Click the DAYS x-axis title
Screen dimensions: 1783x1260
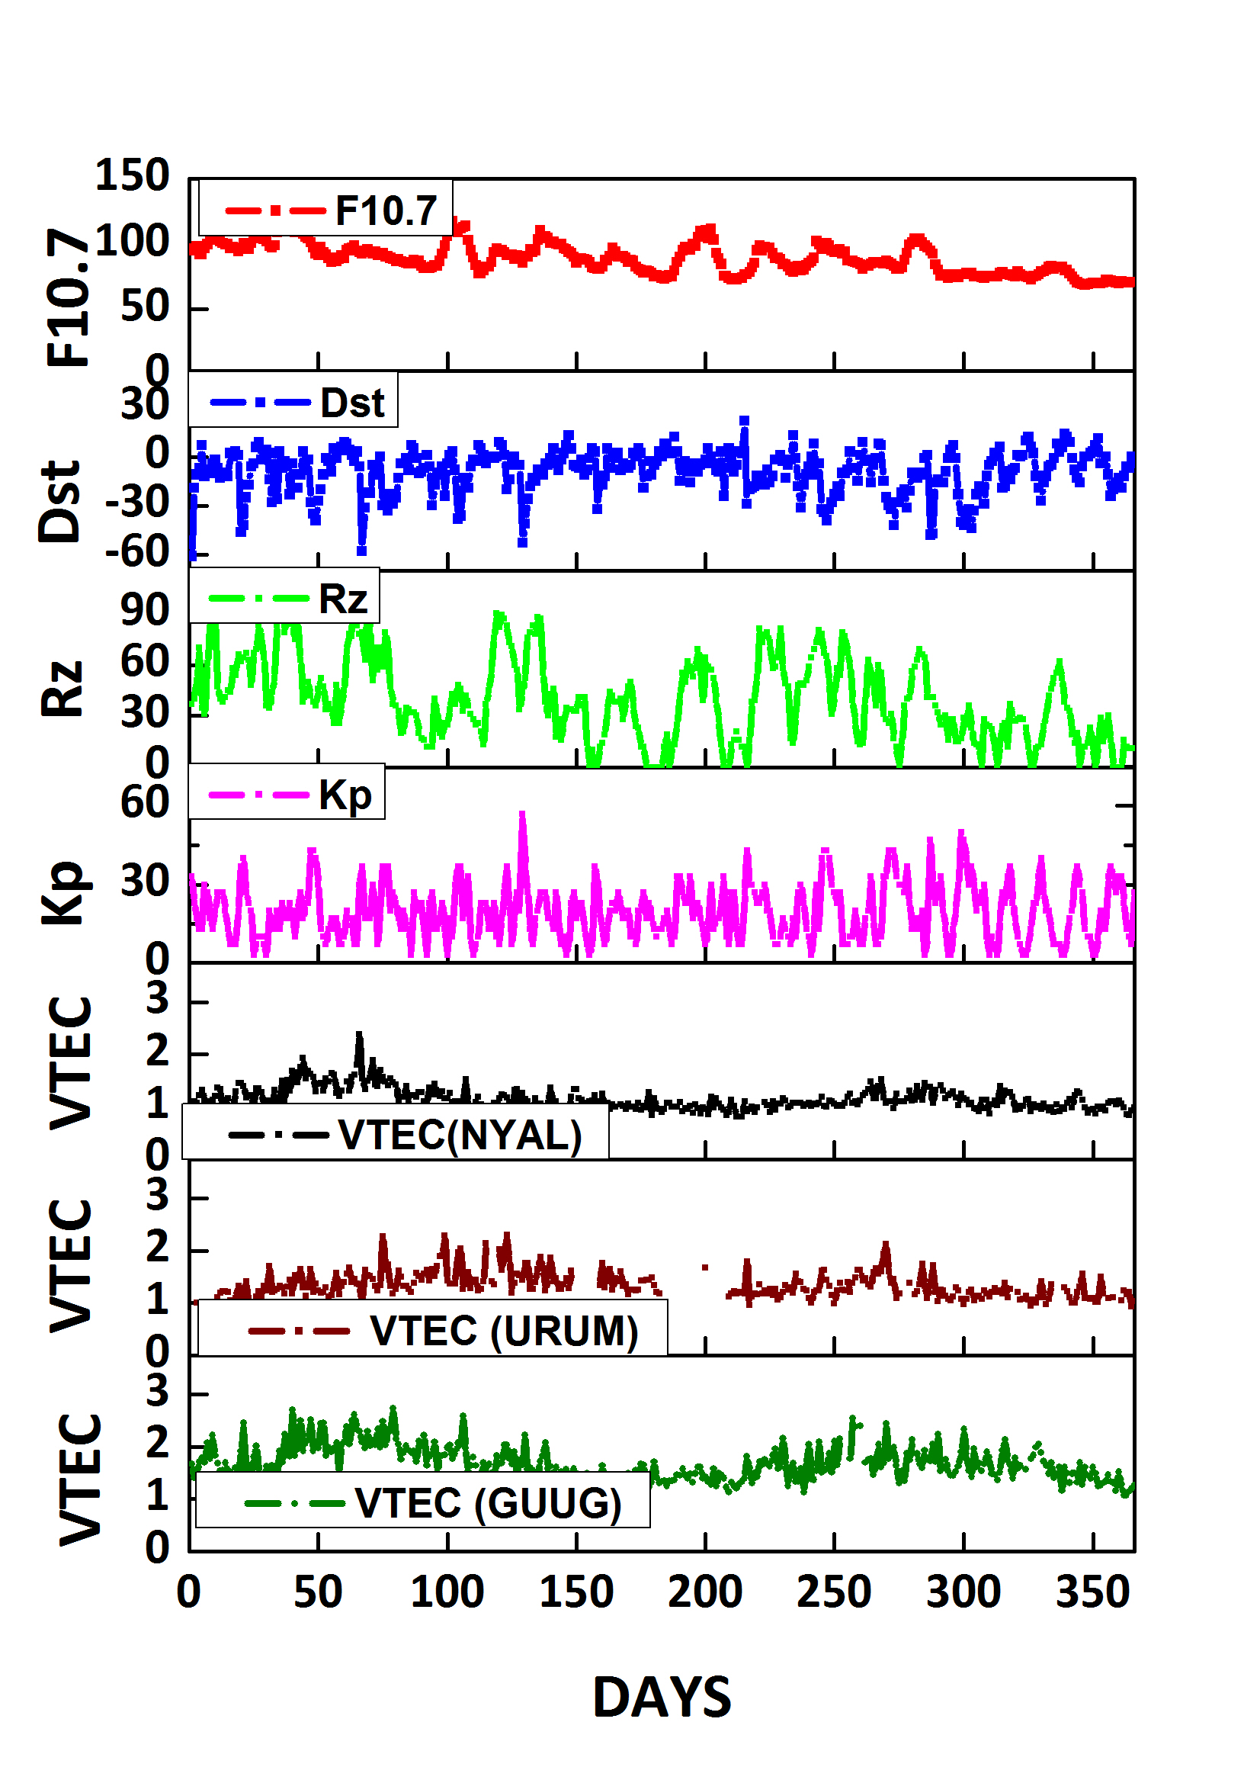click(662, 1698)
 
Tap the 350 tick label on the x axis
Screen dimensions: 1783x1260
click(1092, 1593)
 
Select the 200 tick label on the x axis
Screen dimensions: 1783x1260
click(705, 1593)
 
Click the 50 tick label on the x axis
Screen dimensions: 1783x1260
click(318, 1593)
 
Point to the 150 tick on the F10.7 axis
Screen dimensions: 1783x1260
click(131, 175)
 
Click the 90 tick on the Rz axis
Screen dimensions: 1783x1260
click(144, 610)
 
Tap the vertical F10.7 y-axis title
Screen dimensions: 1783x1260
click(68, 297)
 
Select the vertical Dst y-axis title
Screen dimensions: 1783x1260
click(59, 501)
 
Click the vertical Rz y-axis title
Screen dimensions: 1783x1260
click(61, 689)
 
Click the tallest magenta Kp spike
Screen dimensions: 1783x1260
click(522, 814)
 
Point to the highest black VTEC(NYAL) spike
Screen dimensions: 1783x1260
click(359, 1035)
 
